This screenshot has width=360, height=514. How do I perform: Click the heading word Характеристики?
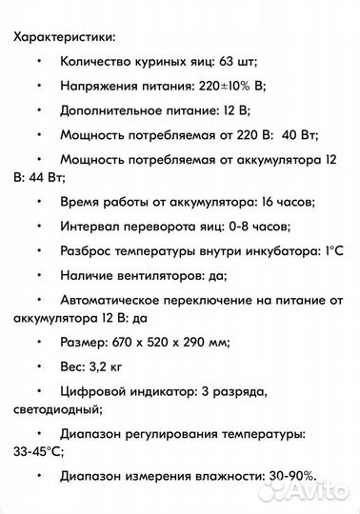point(64,37)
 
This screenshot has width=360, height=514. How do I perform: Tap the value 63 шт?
point(235,62)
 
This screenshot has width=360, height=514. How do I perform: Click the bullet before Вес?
point(39,364)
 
